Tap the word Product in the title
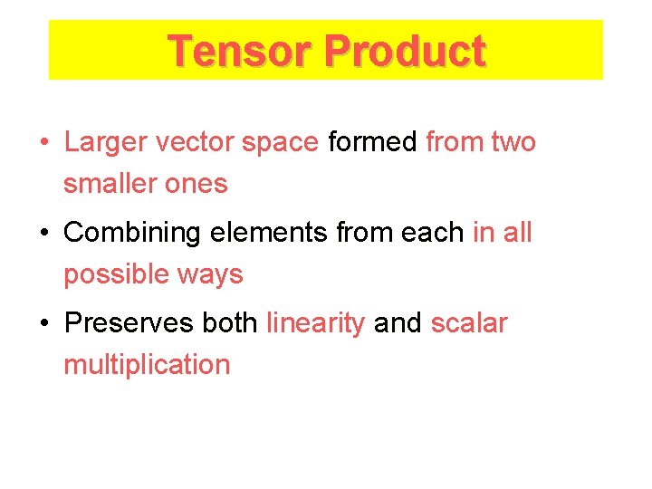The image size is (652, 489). point(405,51)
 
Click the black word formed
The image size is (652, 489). point(373,142)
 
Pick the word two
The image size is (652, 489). point(513,142)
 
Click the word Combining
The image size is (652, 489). point(132,233)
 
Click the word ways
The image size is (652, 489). point(211,274)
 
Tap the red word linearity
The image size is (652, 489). point(316,323)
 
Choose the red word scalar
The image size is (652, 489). point(469,323)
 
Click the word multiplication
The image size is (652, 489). point(147,365)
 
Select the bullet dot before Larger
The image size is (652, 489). point(43,143)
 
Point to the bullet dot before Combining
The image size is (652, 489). point(43,234)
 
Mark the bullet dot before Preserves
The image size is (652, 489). point(43,324)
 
